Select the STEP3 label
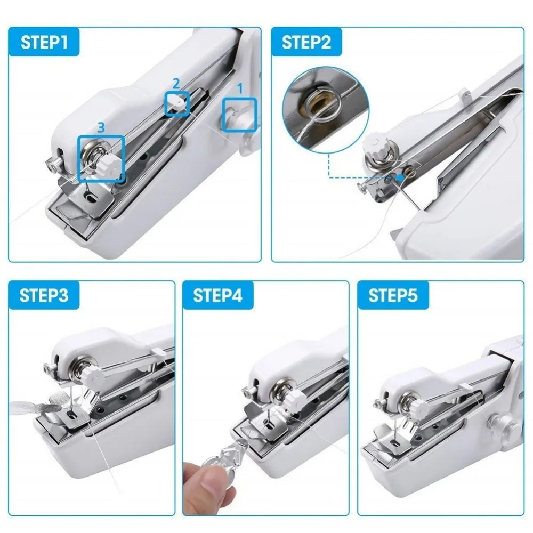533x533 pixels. tap(44, 296)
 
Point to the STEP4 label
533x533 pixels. tap(217, 296)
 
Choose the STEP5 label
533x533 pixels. tap(392, 296)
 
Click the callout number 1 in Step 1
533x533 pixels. tap(240, 90)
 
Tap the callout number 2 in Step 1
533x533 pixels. tap(176, 83)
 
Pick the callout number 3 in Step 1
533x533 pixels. tap(102, 127)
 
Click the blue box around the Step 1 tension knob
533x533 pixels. tap(101, 159)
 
